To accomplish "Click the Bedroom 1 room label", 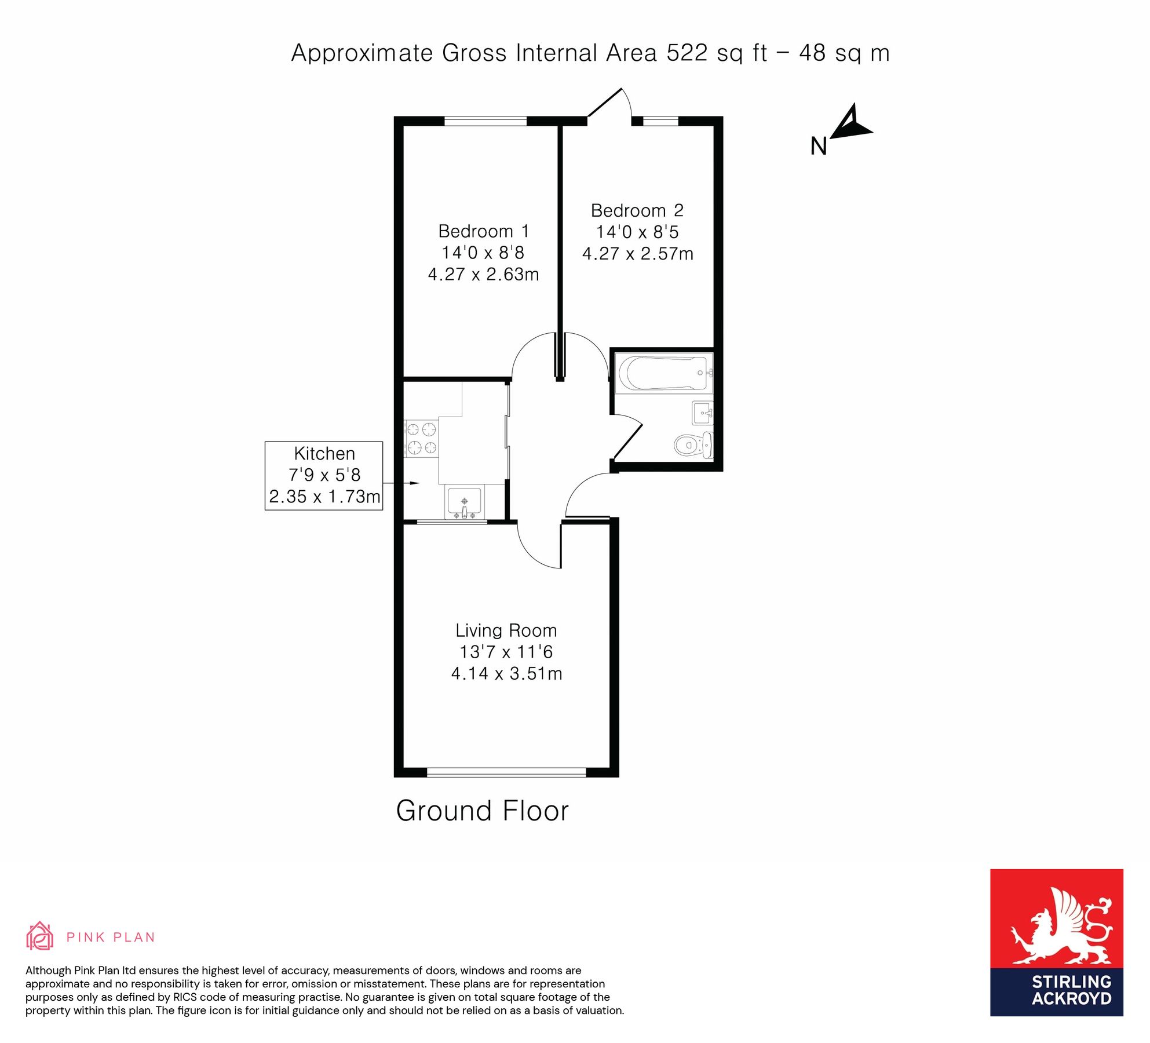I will coord(483,231).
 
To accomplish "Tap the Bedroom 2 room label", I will coord(637,210).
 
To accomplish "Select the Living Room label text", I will coord(506,630).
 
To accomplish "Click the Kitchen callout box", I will coord(324,475).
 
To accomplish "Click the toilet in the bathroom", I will coord(692,445).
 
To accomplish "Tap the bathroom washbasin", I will coord(702,413).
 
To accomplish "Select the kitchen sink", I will coord(464,502).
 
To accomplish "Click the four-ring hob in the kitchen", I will coord(421,438).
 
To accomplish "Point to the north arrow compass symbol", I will coord(848,125).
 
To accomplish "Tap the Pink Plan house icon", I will coord(39,937).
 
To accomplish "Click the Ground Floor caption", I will coord(482,811).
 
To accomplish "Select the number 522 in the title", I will coord(687,53).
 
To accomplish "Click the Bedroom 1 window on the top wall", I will coord(485,121).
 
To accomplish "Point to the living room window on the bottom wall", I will coord(506,772).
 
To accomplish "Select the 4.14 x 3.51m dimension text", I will coord(506,673).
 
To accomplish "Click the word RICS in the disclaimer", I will coord(185,997).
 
